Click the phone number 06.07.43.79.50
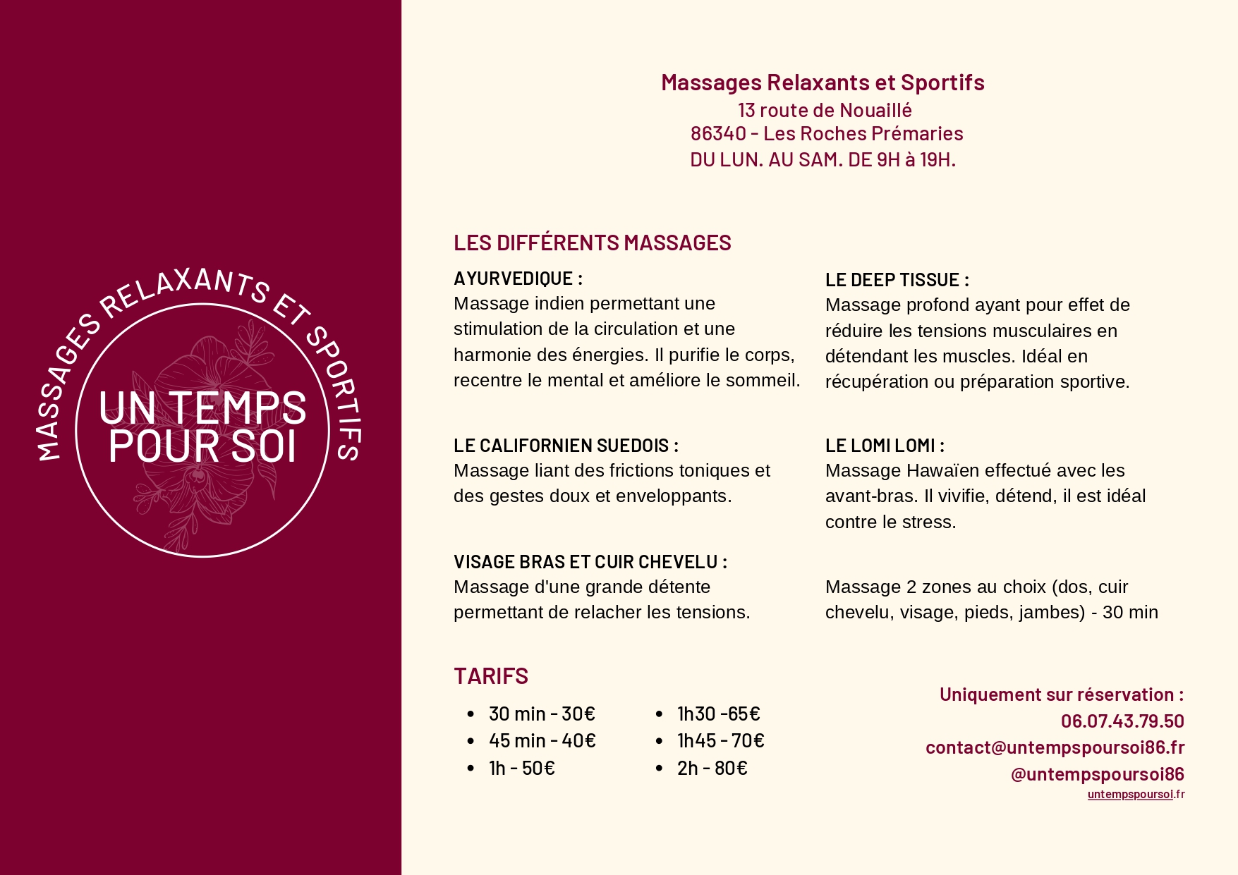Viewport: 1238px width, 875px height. coord(1122,721)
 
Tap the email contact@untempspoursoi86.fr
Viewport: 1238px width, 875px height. coord(1055,747)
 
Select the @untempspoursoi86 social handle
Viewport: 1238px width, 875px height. coord(1097,774)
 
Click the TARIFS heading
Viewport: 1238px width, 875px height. coord(491,676)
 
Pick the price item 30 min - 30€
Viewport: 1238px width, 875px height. coord(542,714)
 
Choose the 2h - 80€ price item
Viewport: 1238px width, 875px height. coord(712,768)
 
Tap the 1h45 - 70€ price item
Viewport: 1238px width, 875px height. coord(720,741)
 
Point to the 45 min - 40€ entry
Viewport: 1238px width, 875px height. coord(542,741)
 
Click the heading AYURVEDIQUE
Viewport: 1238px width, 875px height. coord(518,279)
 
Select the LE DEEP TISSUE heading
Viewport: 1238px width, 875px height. coord(897,280)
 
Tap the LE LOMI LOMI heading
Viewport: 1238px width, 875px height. coord(885,446)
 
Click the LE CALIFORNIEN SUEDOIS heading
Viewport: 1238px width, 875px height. coord(566,446)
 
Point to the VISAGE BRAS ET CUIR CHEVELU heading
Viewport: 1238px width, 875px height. coord(590,562)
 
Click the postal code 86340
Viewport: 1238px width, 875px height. coord(718,134)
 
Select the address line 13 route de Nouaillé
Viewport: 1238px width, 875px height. coord(825,111)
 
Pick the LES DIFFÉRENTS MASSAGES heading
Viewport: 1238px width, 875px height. coord(592,243)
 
